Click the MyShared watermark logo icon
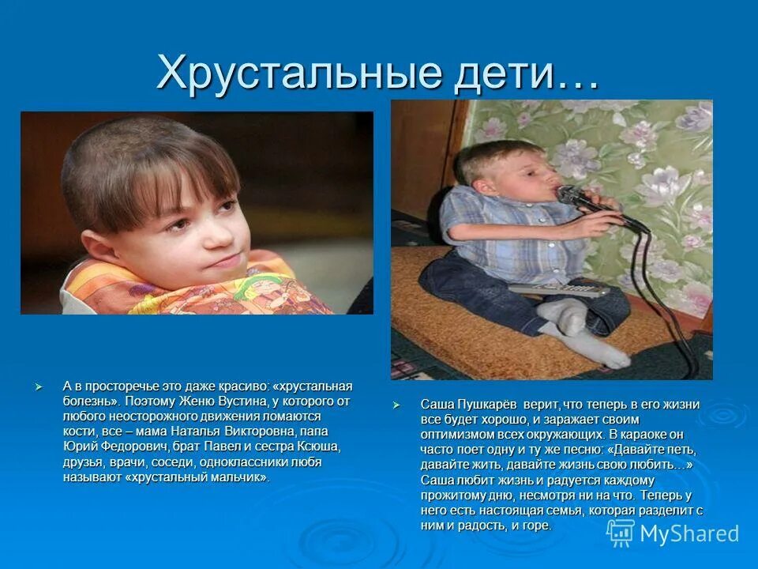pyautogui.click(x=620, y=533)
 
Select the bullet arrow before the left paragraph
pyautogui.click(x=38, y=386)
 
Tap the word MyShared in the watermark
pyautogui.click(x=689, y=533)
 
